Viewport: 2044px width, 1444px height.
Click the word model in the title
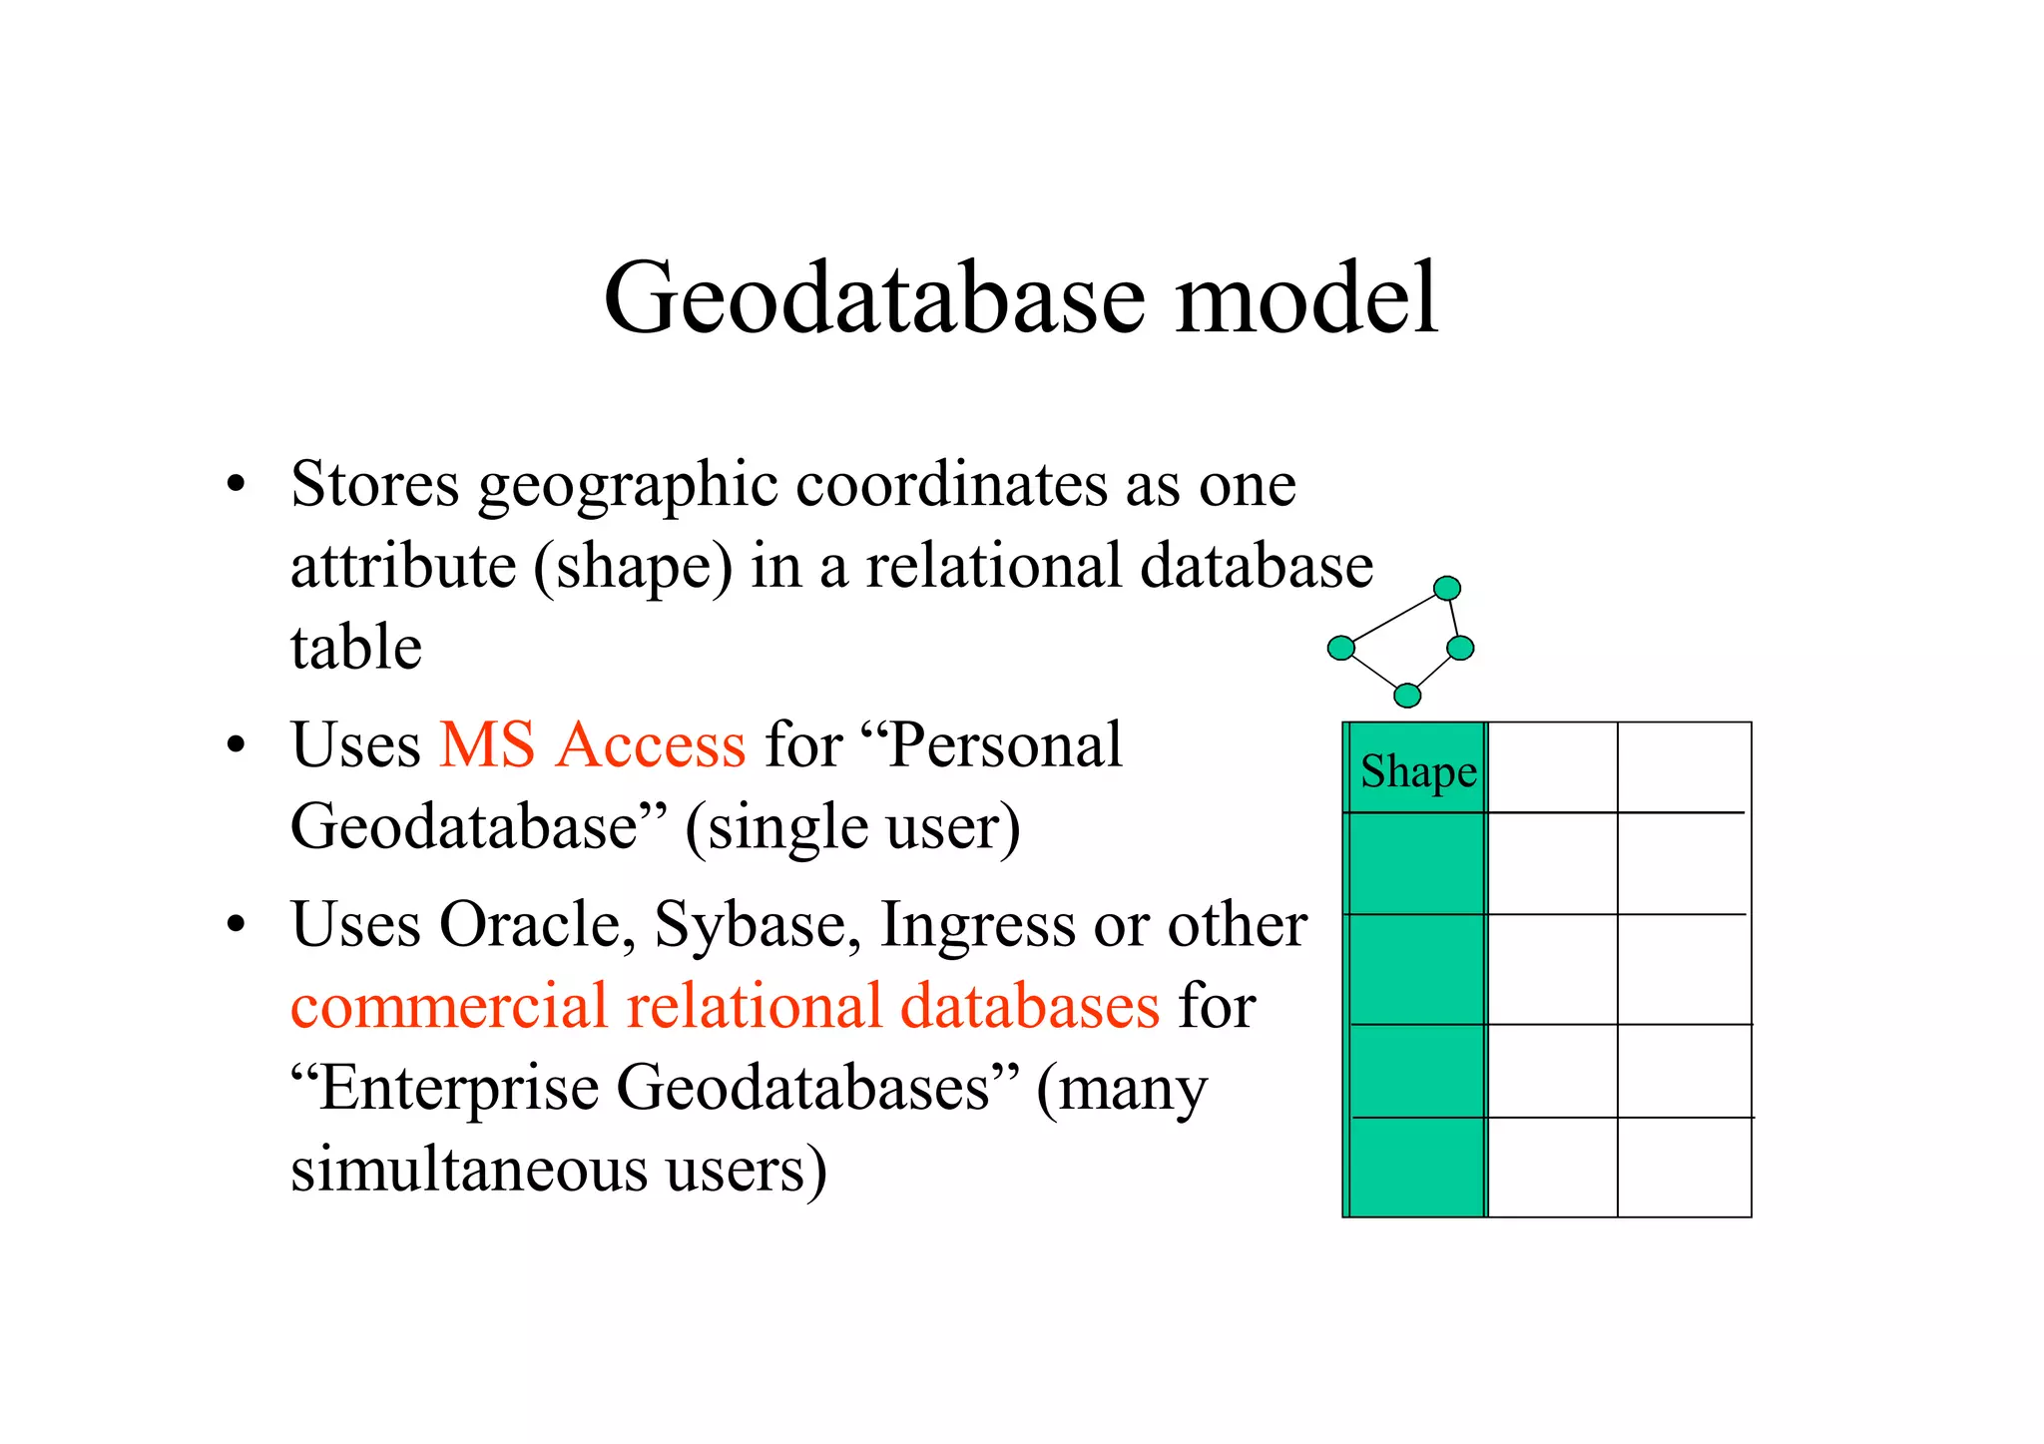coord(1306,297)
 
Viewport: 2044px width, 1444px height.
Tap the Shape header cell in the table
coord(1417,770)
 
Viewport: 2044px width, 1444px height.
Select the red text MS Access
coord(593,744)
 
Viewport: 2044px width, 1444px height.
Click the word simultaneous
coord(469,1169)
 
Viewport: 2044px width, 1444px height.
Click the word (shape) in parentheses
coord(633,568)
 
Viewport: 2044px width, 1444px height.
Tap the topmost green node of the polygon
coord(1447,588)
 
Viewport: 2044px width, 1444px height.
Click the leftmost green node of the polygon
coord(1340,648)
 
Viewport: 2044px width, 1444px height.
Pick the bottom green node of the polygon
coord(1407,695)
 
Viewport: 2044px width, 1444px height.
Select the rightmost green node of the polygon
coord(1460,648)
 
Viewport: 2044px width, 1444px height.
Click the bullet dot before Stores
coord(236,487)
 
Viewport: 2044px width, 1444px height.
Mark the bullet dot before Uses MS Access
coord(236,745)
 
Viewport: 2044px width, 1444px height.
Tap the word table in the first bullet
coord(356,648)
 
